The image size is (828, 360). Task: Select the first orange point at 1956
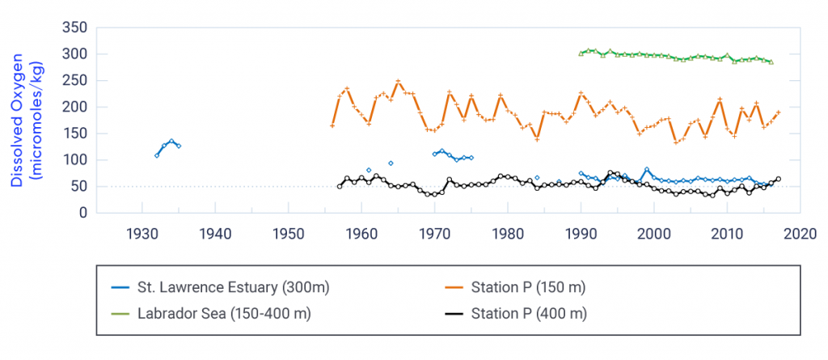point(332,125)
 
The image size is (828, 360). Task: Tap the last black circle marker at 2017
point(779,179)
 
